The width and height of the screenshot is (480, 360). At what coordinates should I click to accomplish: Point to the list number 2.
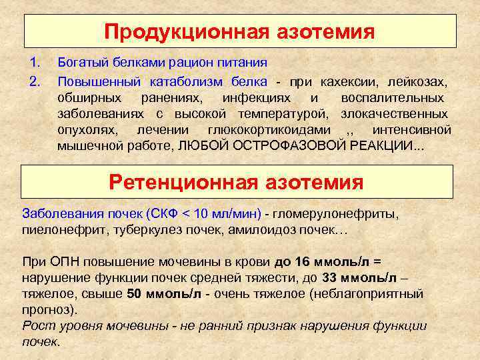click(x=35, y=81)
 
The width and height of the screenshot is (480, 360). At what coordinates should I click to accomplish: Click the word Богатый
click(x=79, y=63)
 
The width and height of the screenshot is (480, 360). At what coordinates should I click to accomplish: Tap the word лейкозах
click(x=418, y=81)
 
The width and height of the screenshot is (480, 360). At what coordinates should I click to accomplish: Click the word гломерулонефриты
click(x=339, y=214)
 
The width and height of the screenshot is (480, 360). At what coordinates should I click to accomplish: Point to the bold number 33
click(x=331, y=278)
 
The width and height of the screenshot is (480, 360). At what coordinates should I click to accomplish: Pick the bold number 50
click(x=134, y=294)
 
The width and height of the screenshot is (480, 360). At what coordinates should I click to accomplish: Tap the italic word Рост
click(x=36, y=326)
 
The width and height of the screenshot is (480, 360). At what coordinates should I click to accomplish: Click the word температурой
click(x=283, y=113)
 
